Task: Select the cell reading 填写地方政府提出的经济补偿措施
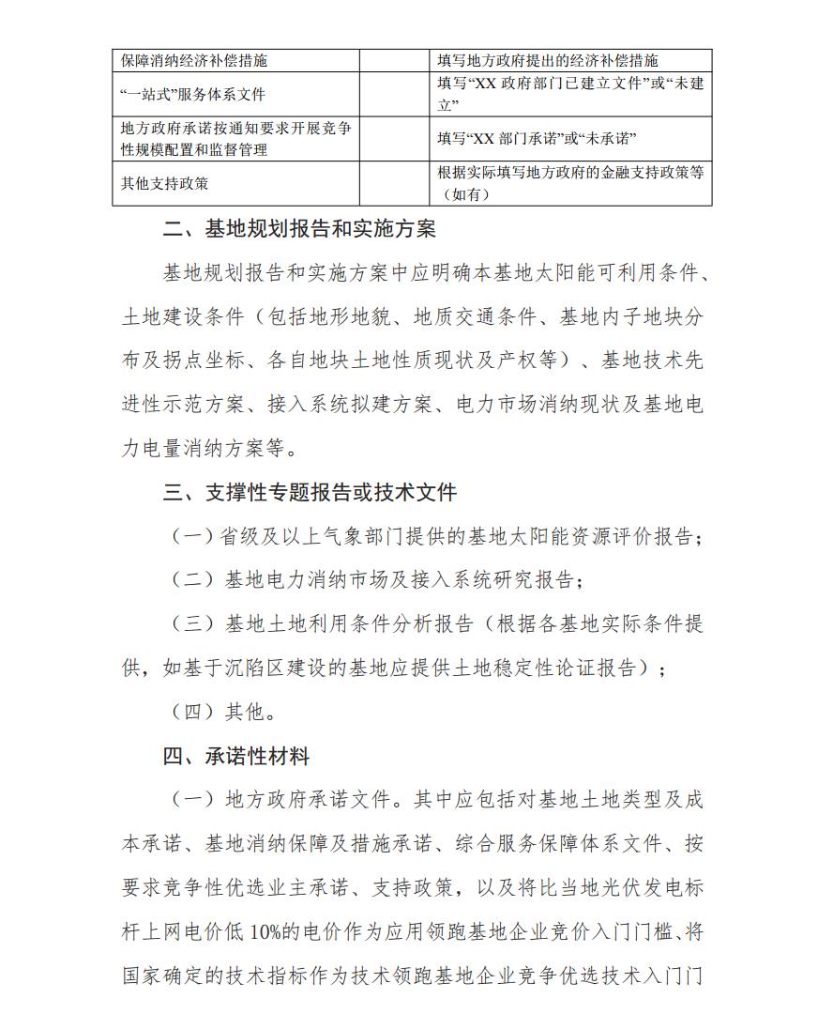pyautogui.click(x=548, y=60)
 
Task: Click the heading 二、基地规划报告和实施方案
pyautogui.click(x=299, y=229)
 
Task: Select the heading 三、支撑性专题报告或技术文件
pyautogui.click(x=310, y=492)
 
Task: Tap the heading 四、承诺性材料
pyautogui.click(x=236, y=756)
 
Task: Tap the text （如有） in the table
pyautogui.click(x=466, y=194)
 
